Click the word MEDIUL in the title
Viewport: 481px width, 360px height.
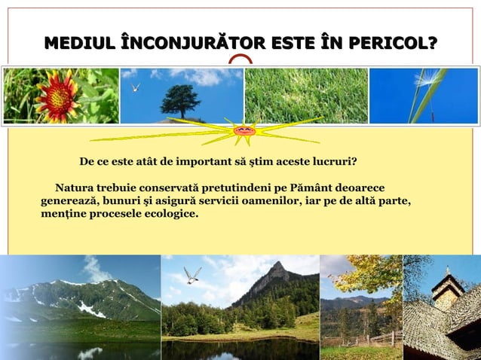click(x=74, y=44)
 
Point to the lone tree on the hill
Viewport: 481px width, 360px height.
click(x=180, y=99)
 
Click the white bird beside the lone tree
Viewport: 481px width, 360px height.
click(x=136, y=87)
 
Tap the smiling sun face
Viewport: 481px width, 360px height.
click(x=244, y=131)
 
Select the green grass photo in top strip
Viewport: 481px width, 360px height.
click(x=306, y=96)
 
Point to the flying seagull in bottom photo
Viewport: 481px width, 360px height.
click(x=193, y=275)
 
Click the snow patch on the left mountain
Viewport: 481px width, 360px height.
click(x=90, y=310)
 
